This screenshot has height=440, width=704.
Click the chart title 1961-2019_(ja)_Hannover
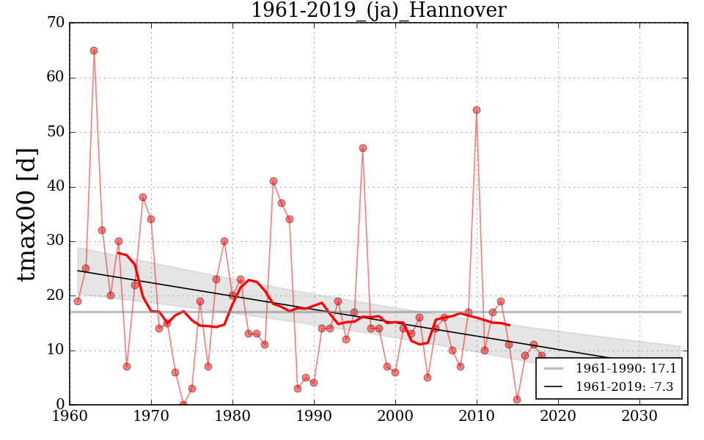click(378, 10)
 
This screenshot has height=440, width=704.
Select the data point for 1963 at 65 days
click(94, 51)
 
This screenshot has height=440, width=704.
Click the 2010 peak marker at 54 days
click(477, 110)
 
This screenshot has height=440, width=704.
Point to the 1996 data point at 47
click(363, 148)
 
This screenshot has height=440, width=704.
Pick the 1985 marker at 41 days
click(274, 181)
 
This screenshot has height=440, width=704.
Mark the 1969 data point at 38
click(143, 197)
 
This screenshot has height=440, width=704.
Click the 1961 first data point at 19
click(78, 301)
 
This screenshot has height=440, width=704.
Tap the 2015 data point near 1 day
click(517, 400)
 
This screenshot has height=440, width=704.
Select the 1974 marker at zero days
click(183, 404)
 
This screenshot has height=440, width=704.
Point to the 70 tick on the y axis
click(56, 23)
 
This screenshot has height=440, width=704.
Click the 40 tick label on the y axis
click(56, 187)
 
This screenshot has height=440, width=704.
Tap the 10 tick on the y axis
click(56, 351)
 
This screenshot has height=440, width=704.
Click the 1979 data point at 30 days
click(224, 241)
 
